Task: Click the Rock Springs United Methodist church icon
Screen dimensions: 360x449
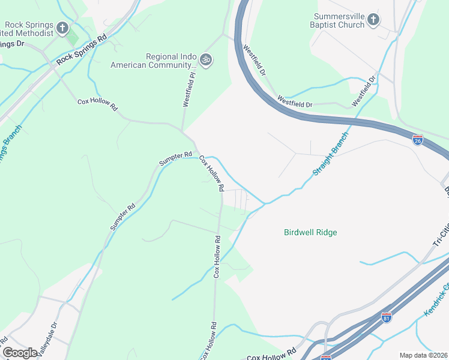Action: click(x=62, y=28)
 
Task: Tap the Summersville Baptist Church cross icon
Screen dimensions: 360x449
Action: click(x=373, y=20)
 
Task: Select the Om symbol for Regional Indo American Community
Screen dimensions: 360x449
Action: click(x=206, y=60)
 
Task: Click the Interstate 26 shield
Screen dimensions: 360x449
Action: click(x=418, y=140)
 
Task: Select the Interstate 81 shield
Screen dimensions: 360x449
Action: click(x=387, y=317)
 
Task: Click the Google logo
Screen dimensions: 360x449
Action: click(x=20, y=353)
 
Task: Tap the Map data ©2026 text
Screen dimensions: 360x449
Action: click(x=423, y=355)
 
